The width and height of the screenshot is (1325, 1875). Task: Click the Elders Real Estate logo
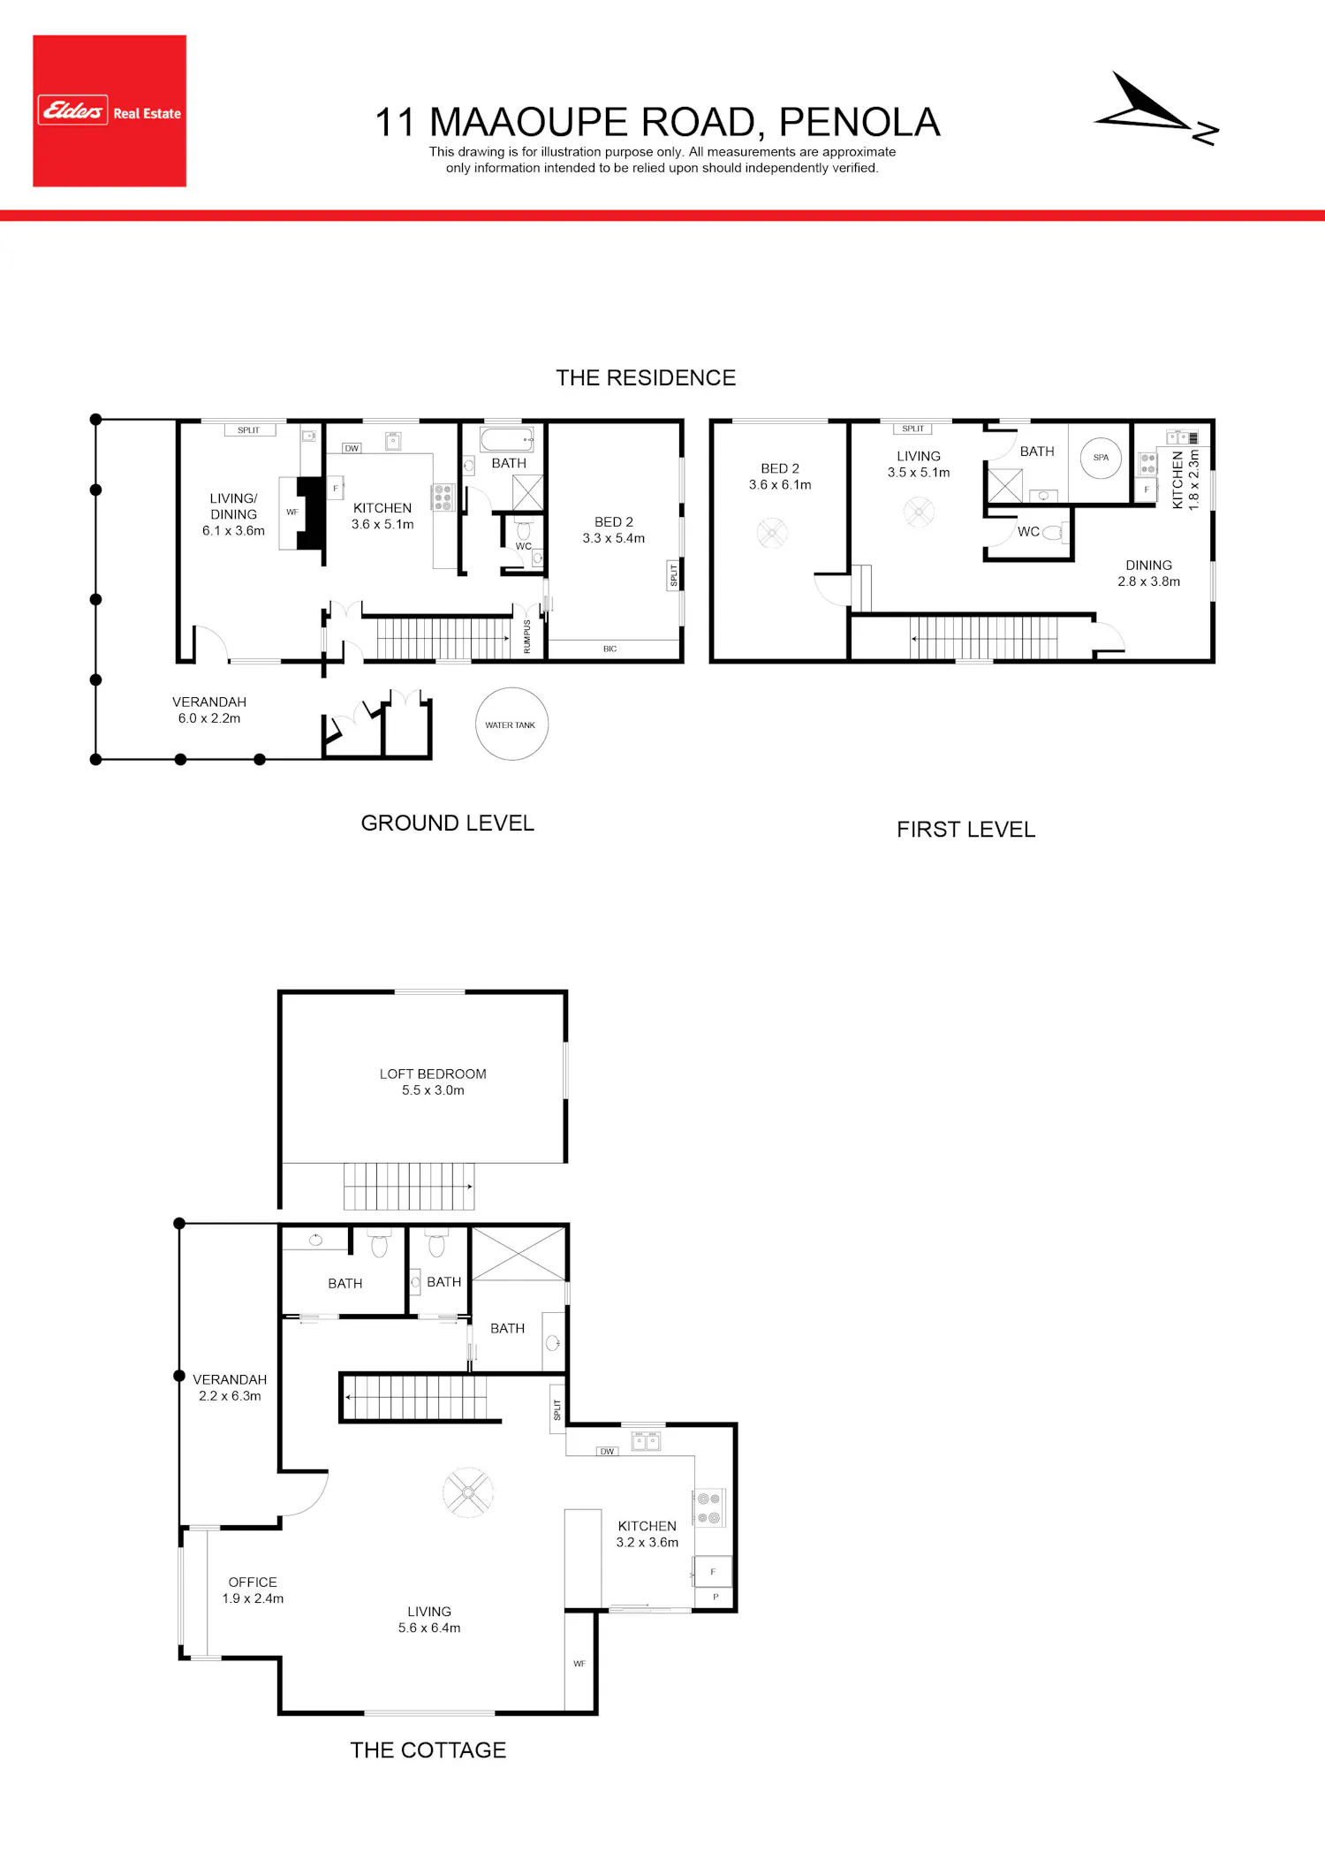coord(110,110)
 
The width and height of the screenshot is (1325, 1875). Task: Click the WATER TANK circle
coord(511,724)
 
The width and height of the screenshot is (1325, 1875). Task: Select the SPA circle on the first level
coord(1101,458)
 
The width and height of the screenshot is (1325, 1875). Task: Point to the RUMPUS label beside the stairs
coord(527,636)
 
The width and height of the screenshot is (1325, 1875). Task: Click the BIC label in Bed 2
coord(609,649)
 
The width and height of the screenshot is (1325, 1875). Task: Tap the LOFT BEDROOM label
coord(433,1074)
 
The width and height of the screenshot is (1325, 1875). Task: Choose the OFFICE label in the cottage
coord(253,1582)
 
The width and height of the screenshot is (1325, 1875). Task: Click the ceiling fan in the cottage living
coord(468,1492)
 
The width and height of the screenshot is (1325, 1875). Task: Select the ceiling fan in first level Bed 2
coord(772,533)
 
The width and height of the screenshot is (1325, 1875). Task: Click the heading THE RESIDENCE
coord(646,378)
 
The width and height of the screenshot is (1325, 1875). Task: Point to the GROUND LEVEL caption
coord(448,823)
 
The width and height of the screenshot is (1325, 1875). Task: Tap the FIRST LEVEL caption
coord(966,830)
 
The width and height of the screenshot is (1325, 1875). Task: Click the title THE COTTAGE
coord(428,1750)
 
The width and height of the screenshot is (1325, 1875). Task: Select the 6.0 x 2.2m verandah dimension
coord(209,718)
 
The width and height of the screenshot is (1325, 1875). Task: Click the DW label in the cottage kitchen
coord(607,1452)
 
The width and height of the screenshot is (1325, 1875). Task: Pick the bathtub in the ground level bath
coord(507,439)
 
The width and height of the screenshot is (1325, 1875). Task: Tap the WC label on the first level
coord(1028,532)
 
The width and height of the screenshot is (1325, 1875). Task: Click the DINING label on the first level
coord(1148,566)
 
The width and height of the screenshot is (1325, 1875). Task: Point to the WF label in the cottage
coord(579,1664)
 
